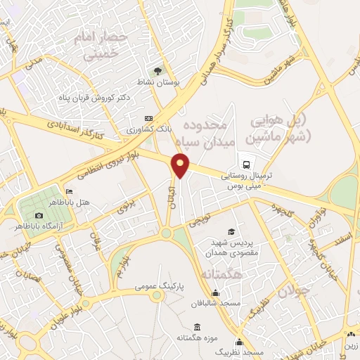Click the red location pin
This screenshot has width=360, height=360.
point(181,166)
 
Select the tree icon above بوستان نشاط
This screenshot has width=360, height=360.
point(159,71)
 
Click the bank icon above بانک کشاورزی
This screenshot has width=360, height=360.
point(148,119)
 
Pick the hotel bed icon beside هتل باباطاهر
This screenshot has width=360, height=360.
point(68,191)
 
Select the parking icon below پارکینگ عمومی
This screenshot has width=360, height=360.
point(158,296)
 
